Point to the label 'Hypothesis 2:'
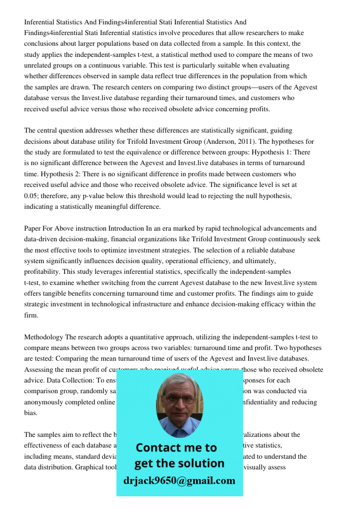(63, 174)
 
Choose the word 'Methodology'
(44, 337)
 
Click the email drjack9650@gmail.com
(179, 481)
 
